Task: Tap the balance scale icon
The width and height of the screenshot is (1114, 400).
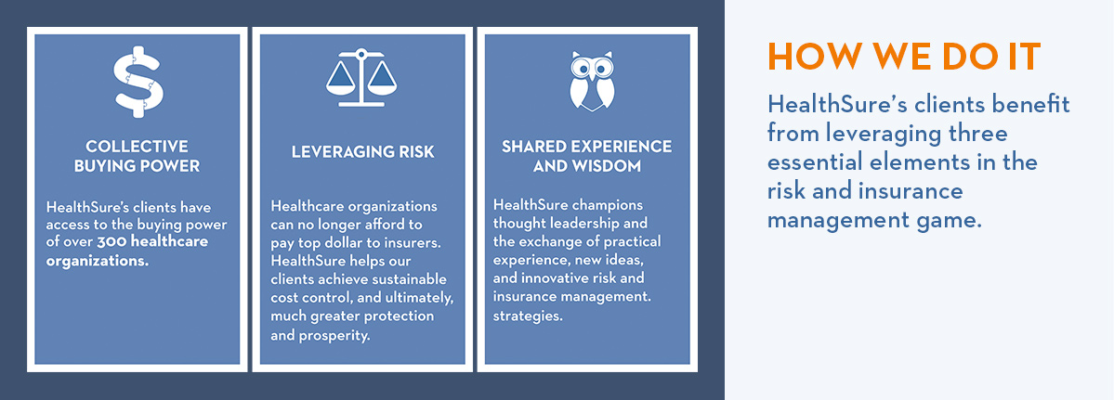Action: point(360,77)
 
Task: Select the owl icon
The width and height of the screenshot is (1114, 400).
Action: point(592,80)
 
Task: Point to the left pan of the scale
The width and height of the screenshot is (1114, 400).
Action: point(340,77)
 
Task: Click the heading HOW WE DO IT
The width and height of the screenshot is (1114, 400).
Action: point(904,58)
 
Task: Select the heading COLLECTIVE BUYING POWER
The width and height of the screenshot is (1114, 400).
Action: point(138,157)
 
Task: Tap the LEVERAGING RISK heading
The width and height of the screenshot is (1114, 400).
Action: point(362,152)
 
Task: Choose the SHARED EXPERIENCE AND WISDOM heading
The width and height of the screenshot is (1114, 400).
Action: point(587,156)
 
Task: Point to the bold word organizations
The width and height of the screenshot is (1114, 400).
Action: point(98,260)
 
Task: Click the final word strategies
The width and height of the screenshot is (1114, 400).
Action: point(528,316)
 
